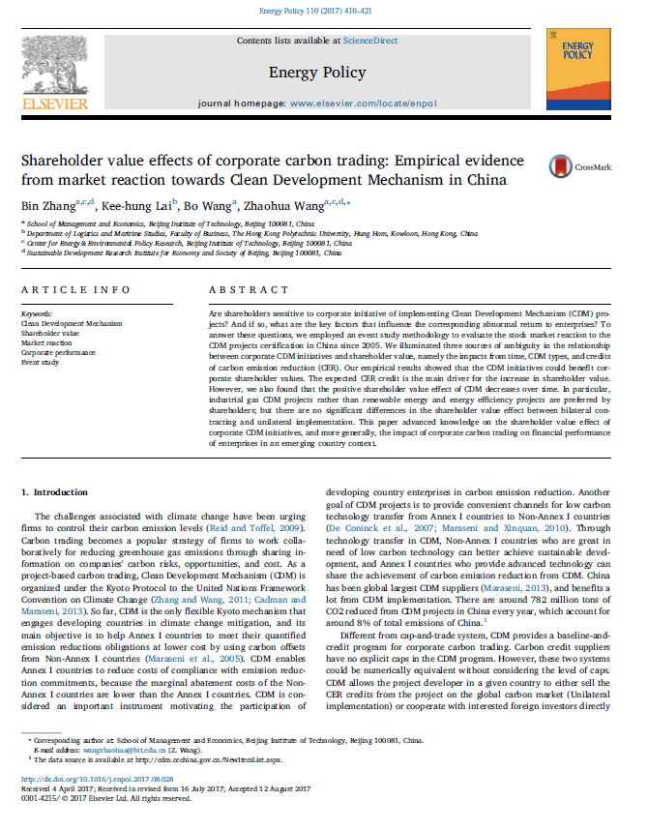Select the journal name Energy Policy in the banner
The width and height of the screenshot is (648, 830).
[x=317, y=73]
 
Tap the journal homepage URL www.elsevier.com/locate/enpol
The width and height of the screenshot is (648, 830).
[x=363, y=102]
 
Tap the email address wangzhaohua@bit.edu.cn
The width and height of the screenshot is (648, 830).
[x=101, y=776]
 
